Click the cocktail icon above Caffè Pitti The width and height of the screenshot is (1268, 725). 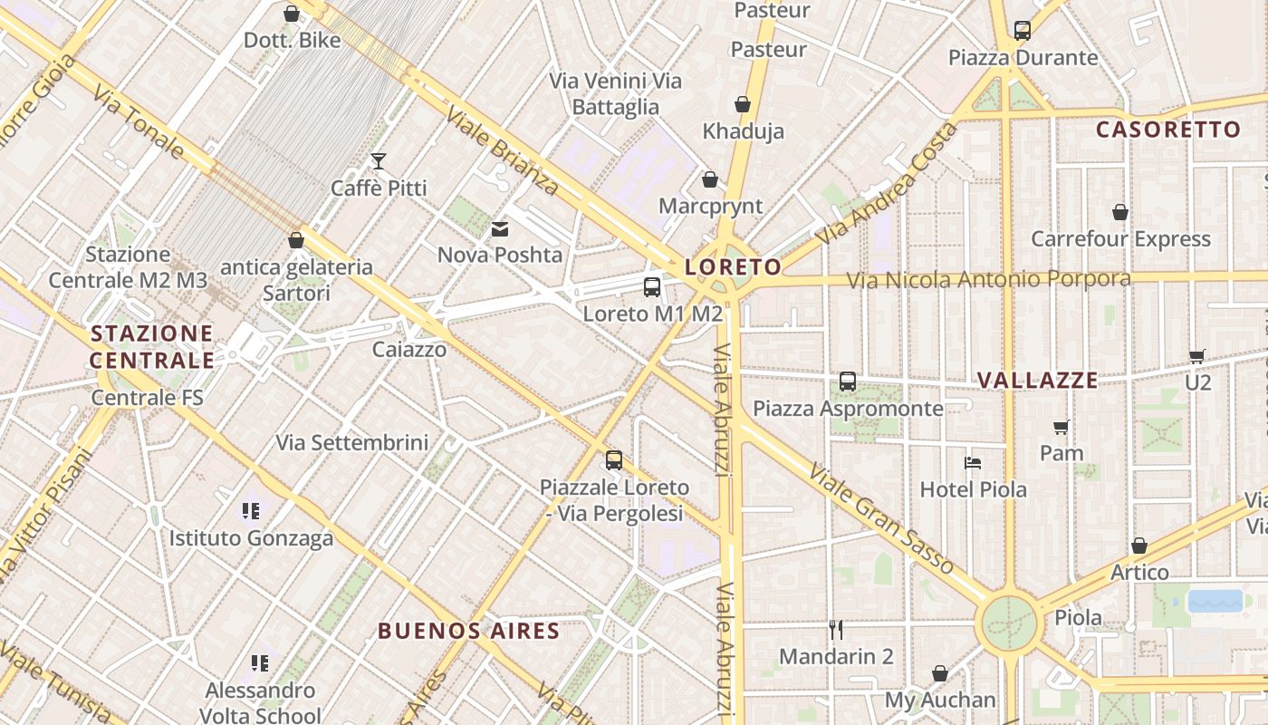click(379, 161)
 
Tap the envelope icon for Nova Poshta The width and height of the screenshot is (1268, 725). click(500, 229)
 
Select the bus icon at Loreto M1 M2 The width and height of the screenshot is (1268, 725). click(651, 287)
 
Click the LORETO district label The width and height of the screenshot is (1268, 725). click(733, 266)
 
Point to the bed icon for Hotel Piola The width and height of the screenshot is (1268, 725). click(973, 463)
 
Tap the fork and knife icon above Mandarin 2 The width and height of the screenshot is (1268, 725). click(836, 629)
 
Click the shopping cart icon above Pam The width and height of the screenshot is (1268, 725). click(1061, 427)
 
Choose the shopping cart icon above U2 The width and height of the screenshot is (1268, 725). click(1197, 356)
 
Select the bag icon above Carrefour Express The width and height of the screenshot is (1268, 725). click(1120, 212)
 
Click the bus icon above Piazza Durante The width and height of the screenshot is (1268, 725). click(1023, 31)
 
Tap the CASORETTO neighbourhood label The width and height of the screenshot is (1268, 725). click(1167, 130)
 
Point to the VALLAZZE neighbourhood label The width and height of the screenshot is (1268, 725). click(1037, 381)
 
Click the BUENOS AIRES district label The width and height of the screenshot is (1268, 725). click(468, 631)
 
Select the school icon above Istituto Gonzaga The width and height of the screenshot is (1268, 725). click(251, 511)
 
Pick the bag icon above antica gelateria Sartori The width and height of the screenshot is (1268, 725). click(296, 240)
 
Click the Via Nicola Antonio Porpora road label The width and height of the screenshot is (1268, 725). click(988, 279)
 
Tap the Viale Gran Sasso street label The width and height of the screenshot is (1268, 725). click(880, 520)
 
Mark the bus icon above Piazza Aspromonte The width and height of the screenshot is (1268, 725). click(848, 382)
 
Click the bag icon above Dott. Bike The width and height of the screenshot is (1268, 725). click(292, 14)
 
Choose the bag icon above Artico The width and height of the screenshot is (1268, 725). click(1139, 546)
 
